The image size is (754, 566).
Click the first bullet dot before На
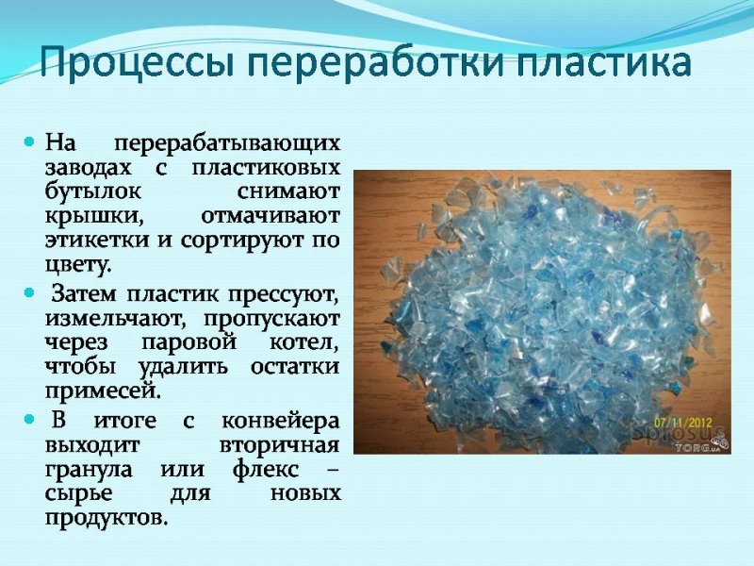pos(30,142)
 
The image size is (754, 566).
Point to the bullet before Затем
pos(30,292)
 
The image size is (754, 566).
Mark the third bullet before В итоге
pos(30,420)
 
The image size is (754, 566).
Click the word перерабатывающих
pos(227,143)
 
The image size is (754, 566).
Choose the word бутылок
pos(93,191)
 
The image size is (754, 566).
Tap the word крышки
pos(95,216)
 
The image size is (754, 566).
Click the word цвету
pos(78,265)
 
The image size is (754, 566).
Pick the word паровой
pos(189,342)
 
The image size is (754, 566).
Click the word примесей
pos(103,391)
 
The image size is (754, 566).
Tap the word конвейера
pos(281,421)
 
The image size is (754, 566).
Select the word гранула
pos(89,469)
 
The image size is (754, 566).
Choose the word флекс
pos(266,468)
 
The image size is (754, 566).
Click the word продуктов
pos(107,518)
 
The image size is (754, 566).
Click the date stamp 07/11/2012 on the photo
pos(682,423)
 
